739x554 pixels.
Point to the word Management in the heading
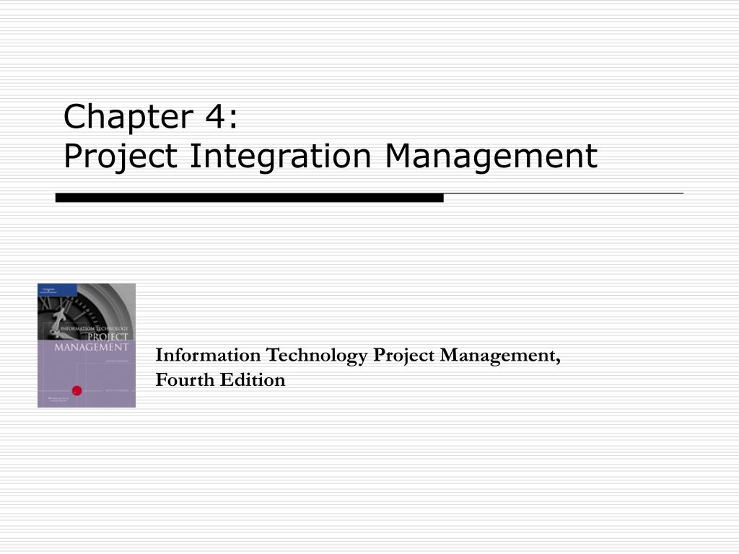tap(491, 156)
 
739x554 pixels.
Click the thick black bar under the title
tap(249, 197)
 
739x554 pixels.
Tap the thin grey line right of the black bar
tap(563, 194)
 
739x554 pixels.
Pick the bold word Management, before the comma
tap(498, 356)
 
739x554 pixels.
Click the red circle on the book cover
tap(76, 390)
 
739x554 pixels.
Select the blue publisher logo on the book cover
tap(47, 289)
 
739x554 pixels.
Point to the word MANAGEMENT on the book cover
tap(91, 347)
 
